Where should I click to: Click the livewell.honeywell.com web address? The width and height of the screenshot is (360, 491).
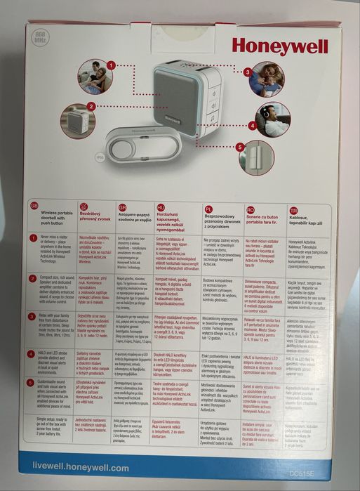[81, 467]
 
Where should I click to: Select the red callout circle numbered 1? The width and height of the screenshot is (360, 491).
[110, 65]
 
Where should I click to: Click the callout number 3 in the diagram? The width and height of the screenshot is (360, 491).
[247, 72]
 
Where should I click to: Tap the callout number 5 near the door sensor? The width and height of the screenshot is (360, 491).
[240, 147]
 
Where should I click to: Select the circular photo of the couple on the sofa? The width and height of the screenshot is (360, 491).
[94, 77]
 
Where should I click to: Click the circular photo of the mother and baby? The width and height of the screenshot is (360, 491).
[267, 79]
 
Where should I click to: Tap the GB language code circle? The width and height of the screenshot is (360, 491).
[34, 207]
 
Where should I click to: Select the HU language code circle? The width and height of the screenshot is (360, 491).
[161, 208]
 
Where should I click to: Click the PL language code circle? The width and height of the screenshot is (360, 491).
[208, 209]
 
